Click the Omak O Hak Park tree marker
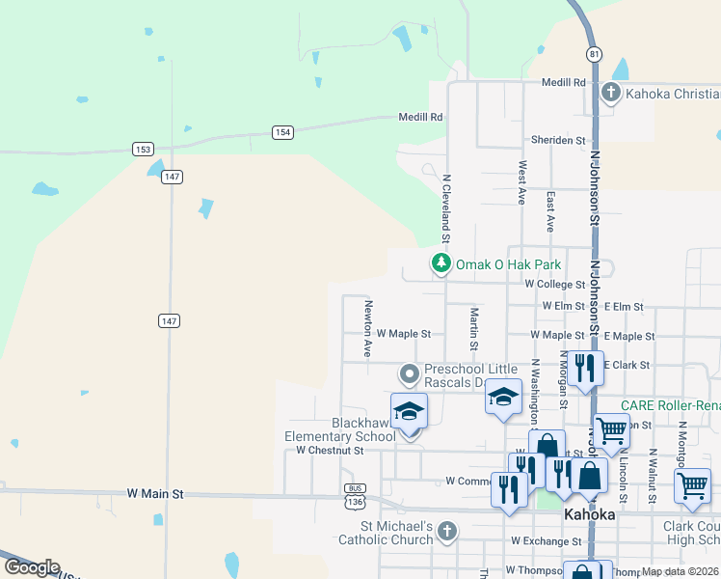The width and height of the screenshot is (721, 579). [x=441, y=262]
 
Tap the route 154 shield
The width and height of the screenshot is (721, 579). [x=282, y=132]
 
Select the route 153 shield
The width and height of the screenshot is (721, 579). [x=143, y=149]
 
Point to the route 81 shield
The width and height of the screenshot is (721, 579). [x=594, y=54]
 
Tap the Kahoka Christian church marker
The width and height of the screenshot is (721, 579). [x=610, y=93]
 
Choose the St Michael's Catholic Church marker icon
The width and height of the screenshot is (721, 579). [x=446, y=532]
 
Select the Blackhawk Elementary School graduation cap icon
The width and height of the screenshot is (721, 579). [x=409, y=411]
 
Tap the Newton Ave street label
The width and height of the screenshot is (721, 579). [x=367, y=329]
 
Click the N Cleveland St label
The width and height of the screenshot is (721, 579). [x=446, y=207]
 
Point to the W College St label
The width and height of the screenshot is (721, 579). [x=554, y=285]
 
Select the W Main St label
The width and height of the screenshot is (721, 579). [x=154, y=493]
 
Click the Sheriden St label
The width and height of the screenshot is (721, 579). [x=552, y=140]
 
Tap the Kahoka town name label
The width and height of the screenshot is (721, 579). [x=589, y=514]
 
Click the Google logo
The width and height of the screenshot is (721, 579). [x=32, y=567]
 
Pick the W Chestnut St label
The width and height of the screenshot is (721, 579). [x=330, y=450]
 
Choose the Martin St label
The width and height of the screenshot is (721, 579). [x=474, y=329]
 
